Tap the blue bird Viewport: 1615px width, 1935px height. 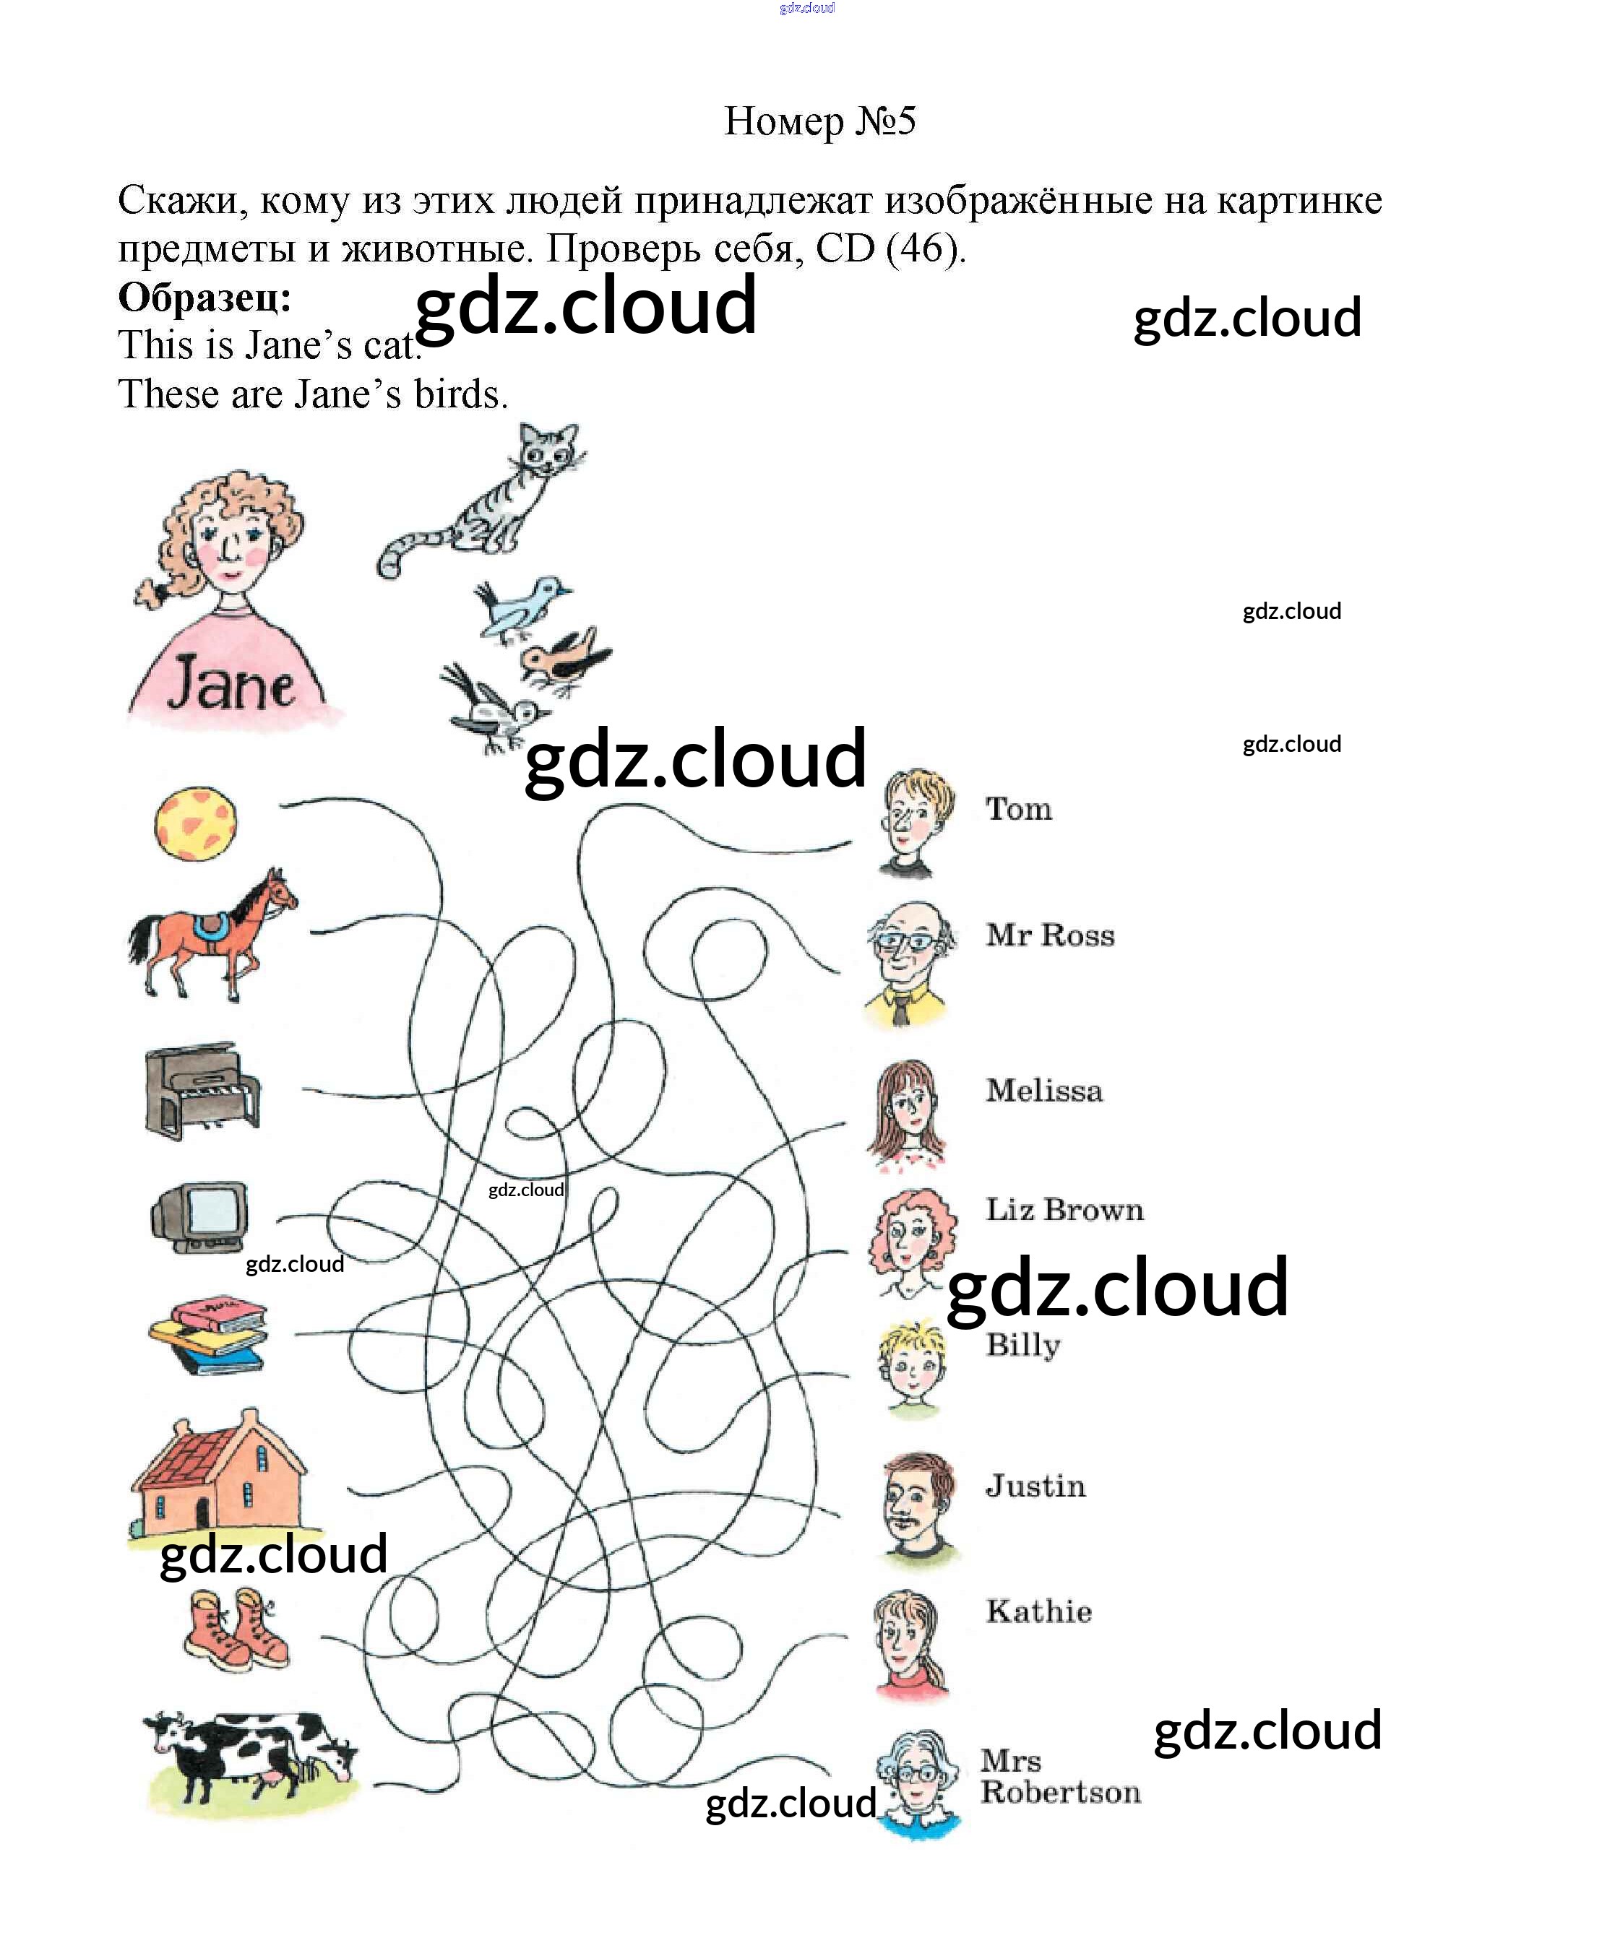521,607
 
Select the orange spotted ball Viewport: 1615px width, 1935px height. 194,823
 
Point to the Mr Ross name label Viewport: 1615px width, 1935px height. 1050,935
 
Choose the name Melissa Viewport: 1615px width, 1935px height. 1043,1091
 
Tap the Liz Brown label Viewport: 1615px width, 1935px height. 1064,1210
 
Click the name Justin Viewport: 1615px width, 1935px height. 1035,1486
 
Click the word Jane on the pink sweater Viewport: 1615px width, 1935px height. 231,684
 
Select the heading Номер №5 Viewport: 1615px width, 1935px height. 819,121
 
